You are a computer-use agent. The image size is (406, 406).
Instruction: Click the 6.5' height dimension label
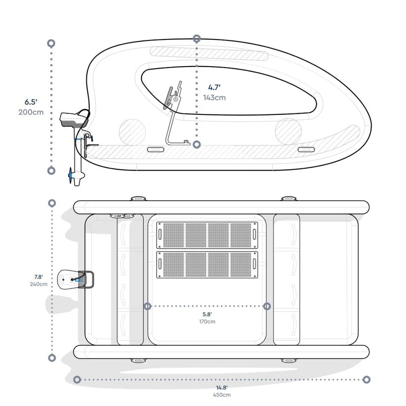(31, 102)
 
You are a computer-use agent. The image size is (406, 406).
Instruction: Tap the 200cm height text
(31, 112)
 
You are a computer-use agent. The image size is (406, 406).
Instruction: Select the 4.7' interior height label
(214, 87)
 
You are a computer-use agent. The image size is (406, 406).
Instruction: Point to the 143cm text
(214, 97)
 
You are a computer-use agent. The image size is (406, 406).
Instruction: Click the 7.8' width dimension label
(38, 276)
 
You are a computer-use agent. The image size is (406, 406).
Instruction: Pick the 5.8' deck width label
(207, 314)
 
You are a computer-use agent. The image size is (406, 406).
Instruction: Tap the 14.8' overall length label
(221, 387)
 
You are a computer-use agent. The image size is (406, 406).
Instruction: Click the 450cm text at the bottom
(221, 395)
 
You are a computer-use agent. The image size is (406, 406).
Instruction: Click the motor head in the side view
(73, 118)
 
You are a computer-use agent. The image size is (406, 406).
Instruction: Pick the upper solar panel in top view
(207, 235)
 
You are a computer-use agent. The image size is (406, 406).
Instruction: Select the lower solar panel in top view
(207, 265)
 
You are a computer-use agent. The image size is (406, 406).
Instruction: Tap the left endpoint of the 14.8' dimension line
(77, 379)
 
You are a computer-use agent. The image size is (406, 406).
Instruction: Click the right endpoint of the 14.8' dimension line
(366, 379)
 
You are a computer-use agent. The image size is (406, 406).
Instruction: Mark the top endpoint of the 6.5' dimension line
(51, 43)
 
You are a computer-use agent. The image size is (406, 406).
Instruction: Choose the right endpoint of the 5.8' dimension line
(267, 306)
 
